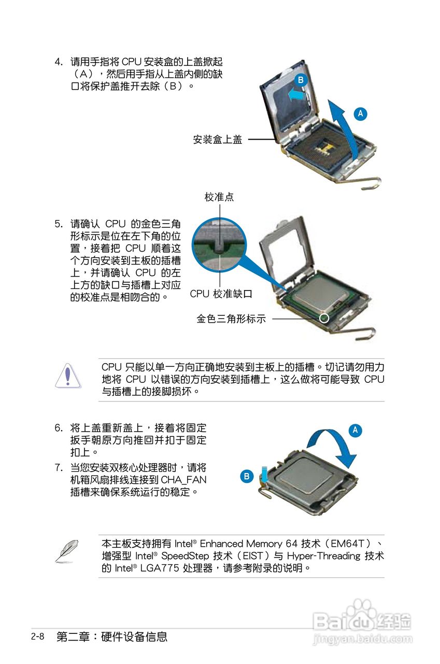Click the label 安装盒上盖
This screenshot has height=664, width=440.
[x=218, y=140]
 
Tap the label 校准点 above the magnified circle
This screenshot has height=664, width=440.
[x=219, y=197]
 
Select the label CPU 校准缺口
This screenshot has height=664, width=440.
[x=221, y=294]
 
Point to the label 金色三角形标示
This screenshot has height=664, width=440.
[x=231, y=319]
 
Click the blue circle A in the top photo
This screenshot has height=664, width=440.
[x=361, y=114]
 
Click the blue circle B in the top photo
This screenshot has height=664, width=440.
[x=300, y=80]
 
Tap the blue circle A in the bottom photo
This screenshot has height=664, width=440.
[x=355, y=430]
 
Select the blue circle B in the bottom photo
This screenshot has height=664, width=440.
[x=247, y=476]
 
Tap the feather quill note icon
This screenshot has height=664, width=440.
[x=67, y=551]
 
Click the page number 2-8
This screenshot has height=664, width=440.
[x=37, y=637]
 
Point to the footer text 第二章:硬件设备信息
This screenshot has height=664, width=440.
[x=112, y=637]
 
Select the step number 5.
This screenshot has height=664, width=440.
[x=58, y=224]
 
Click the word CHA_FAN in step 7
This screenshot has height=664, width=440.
[x=183, y=479]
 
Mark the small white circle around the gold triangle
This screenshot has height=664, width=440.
[x=324, y=317]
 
